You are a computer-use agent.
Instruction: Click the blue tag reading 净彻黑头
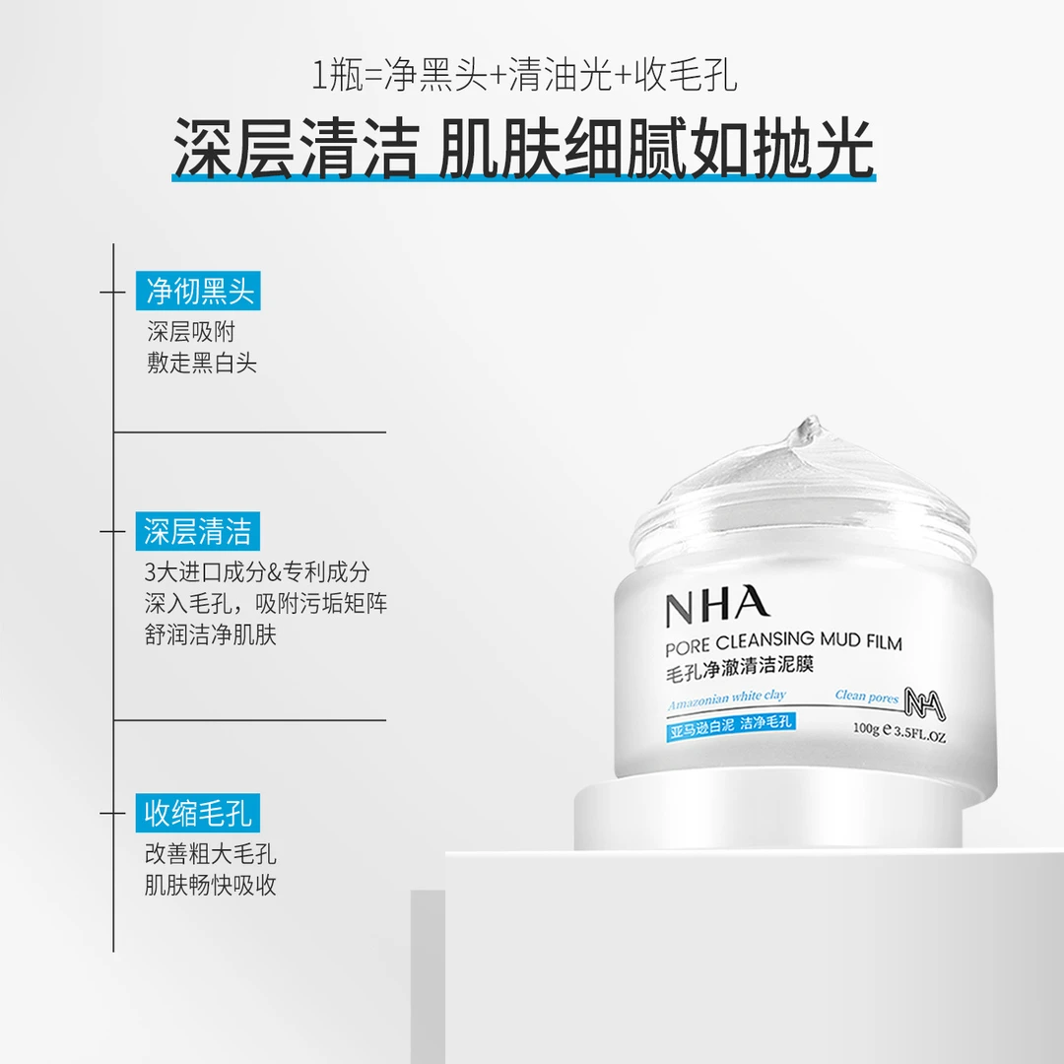(x=200, y=291)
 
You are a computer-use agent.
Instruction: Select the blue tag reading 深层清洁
(x=198, y=532)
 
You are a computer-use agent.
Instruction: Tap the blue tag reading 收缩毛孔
(x=198, y=814)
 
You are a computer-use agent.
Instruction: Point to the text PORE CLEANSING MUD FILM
(x=783, y=644)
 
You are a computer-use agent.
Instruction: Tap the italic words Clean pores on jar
(x=866, y=696)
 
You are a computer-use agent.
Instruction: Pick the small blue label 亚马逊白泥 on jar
(x=700, y=723)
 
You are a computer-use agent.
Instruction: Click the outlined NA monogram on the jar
(x=927, y=698)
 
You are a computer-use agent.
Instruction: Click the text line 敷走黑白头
(x=202, y=363)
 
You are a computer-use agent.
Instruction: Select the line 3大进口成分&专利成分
(x=257, y=571)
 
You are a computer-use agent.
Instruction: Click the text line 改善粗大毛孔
(x=210, y=853)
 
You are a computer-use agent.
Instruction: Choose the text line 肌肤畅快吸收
(x=210, y=885)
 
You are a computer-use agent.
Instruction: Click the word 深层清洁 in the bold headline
(x=295, y=149)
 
